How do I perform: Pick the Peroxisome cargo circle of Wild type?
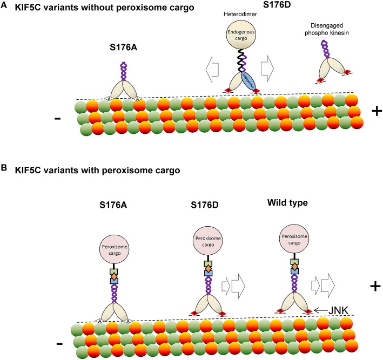pos(293,230)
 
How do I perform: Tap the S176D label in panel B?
pos(212,206)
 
